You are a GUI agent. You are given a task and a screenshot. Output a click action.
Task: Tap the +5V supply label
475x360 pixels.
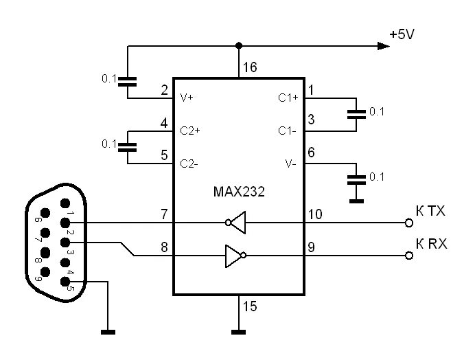click(x=402, y=34)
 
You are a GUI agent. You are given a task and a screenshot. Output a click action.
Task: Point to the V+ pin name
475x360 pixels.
click(x=187, y=98)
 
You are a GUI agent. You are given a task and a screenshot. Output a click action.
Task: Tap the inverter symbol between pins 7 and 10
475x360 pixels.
click(x=237, y=223)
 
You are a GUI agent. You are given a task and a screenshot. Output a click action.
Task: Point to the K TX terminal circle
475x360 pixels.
click(x=409, y=223)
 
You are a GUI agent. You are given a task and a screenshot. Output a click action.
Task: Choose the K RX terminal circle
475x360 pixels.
click(x=409, y=256)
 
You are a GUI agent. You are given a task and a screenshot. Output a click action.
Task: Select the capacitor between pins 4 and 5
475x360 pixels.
click(x=127, y=146)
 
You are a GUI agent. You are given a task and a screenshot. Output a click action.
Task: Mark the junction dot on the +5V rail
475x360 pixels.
click(x=238, y=46)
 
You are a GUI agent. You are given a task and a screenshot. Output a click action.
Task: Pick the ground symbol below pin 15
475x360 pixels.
click(x=238, y=333)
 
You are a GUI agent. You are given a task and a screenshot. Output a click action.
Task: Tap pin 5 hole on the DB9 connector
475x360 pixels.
click(x=67, y=280)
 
